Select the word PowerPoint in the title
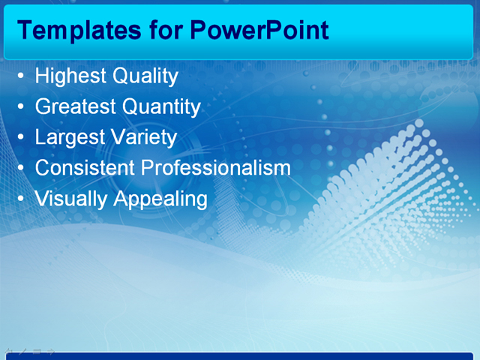tap(259, 30)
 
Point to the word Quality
tap(145, 77)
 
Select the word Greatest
tap(75, 107)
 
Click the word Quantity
tap(161, 107)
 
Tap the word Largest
tap(70, 138)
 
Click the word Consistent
tap(85, 168)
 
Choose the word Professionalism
tap(216, 168)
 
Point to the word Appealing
tap(160, 199)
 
